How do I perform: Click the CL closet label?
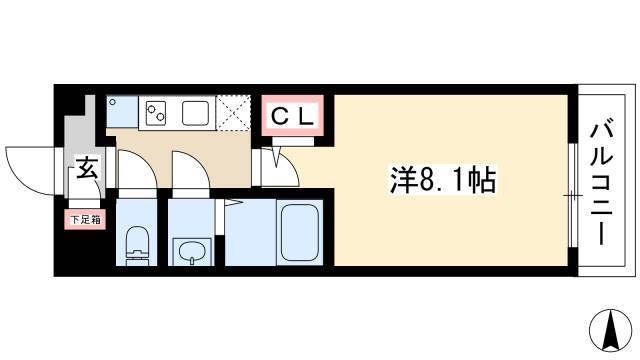click(292, 116)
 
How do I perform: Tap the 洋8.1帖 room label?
click(443, 180)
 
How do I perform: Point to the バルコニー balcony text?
click(602, 184)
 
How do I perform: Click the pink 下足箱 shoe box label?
click(85, 219)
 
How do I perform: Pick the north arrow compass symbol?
click(611, 331)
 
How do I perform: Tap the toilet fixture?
click(137, 246)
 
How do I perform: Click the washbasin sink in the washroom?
click(191, 251)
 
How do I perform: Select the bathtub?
click(300, 231)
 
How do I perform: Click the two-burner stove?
click(157, 113)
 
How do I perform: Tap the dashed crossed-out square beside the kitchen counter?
click(233, 113)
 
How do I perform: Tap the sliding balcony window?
click(572, 195)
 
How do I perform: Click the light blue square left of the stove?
click(122, 112)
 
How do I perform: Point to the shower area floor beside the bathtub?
click(251, 232)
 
